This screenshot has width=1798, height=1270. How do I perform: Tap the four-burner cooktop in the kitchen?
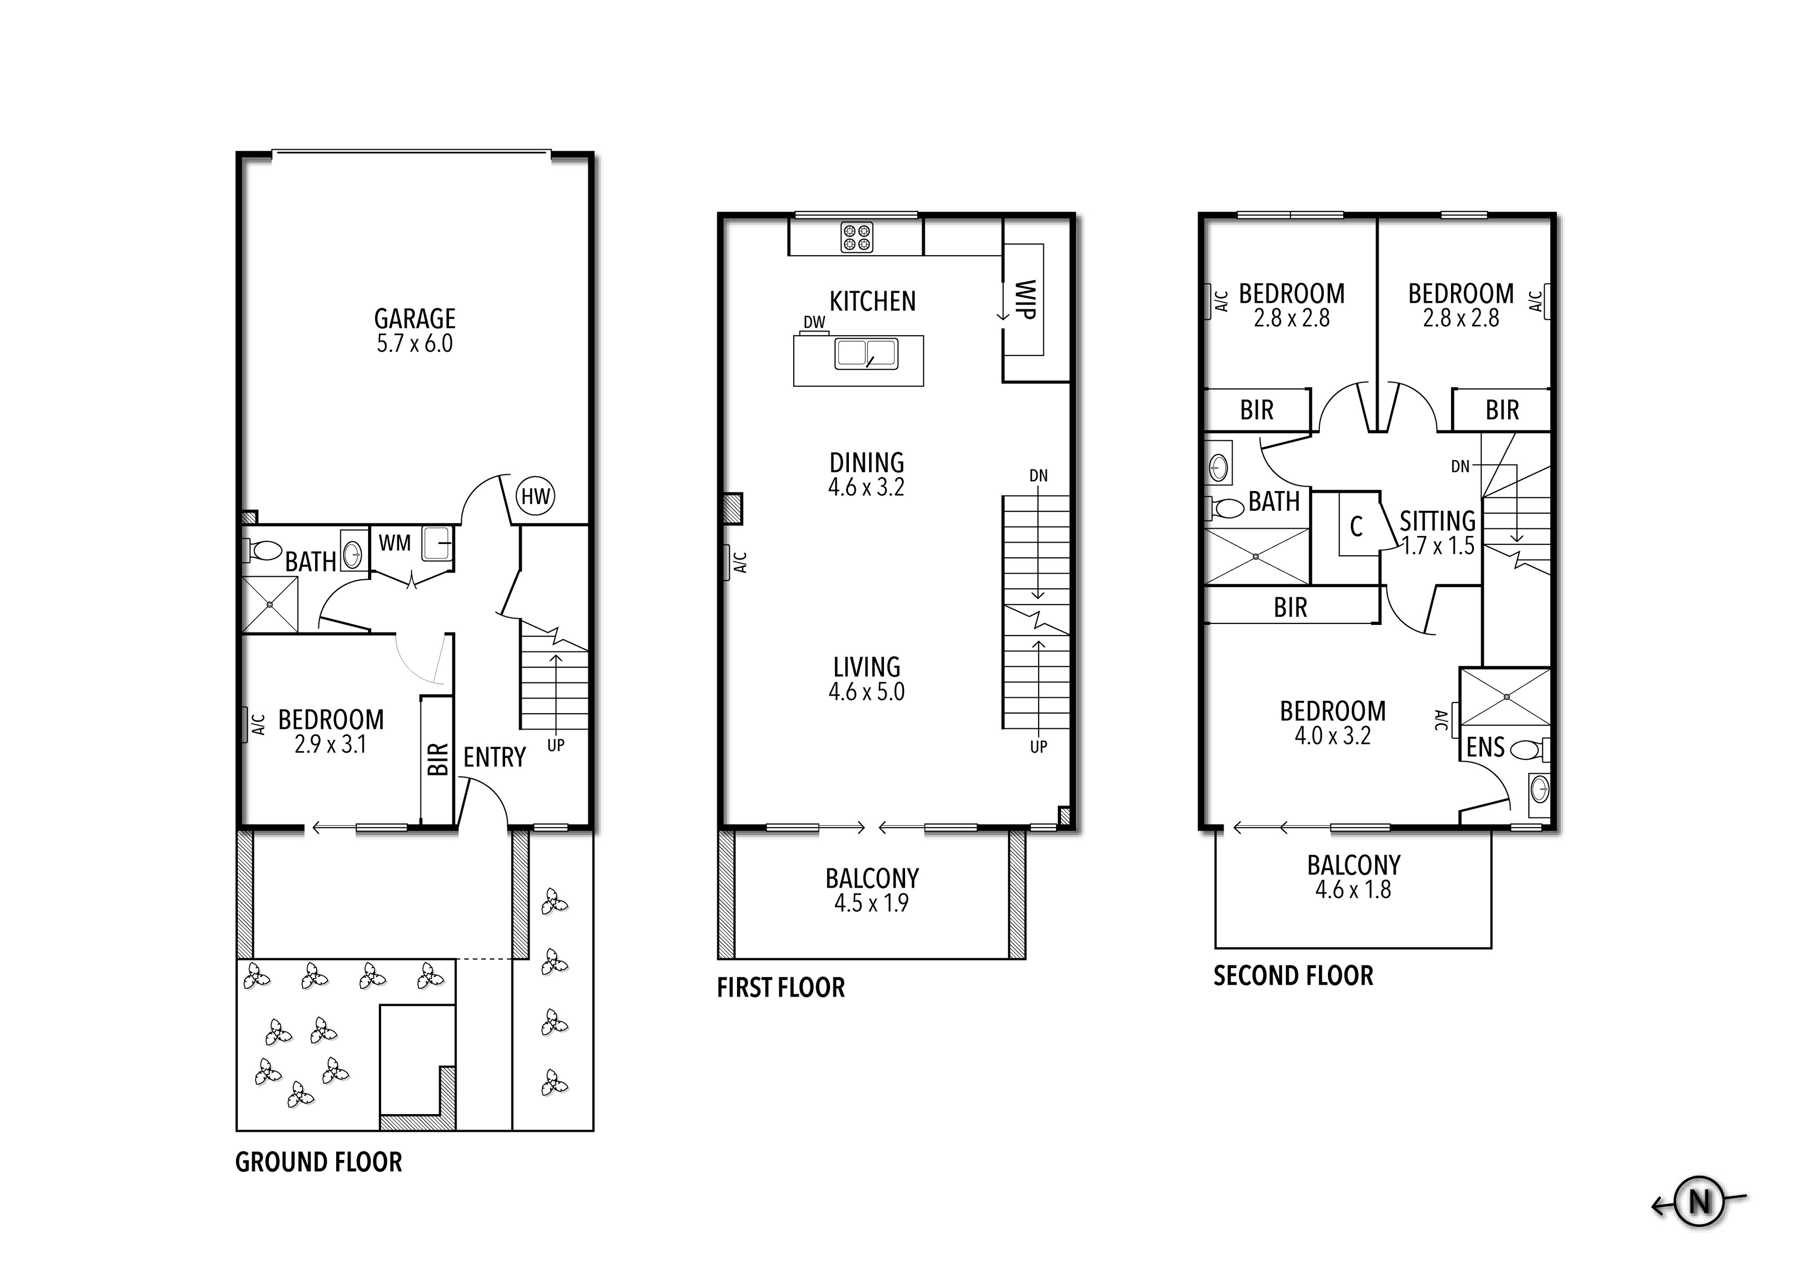tap(857, 237)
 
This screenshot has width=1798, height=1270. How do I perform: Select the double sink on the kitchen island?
tap(866, 354)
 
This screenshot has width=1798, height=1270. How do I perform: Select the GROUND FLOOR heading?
tap(319, 1162)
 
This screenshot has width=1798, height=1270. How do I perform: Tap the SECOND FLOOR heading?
tap(1294, 976)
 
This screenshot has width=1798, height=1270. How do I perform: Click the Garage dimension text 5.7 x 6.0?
tap(415, 344)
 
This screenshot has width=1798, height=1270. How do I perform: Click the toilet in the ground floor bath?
tap(263, 551)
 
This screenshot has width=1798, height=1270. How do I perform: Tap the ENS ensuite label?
tap(1486, 747)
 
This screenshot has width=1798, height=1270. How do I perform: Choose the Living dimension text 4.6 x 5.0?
tap(867, 692)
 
